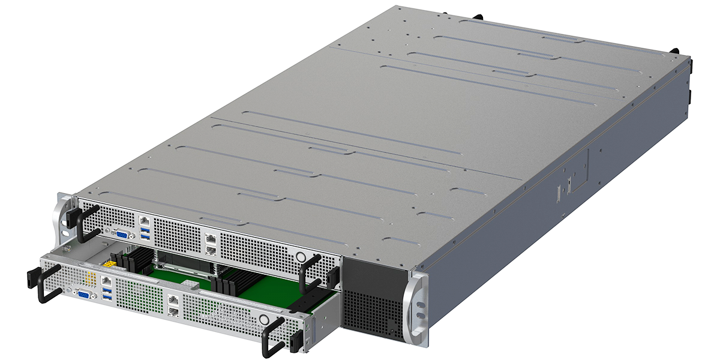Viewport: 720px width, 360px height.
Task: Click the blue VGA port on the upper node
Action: coord(122,233)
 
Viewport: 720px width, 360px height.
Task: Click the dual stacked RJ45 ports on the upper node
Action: coord(211,242)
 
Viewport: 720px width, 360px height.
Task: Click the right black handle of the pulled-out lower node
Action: coord(274,336)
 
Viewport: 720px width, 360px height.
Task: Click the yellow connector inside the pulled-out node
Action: coord(110,263)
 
